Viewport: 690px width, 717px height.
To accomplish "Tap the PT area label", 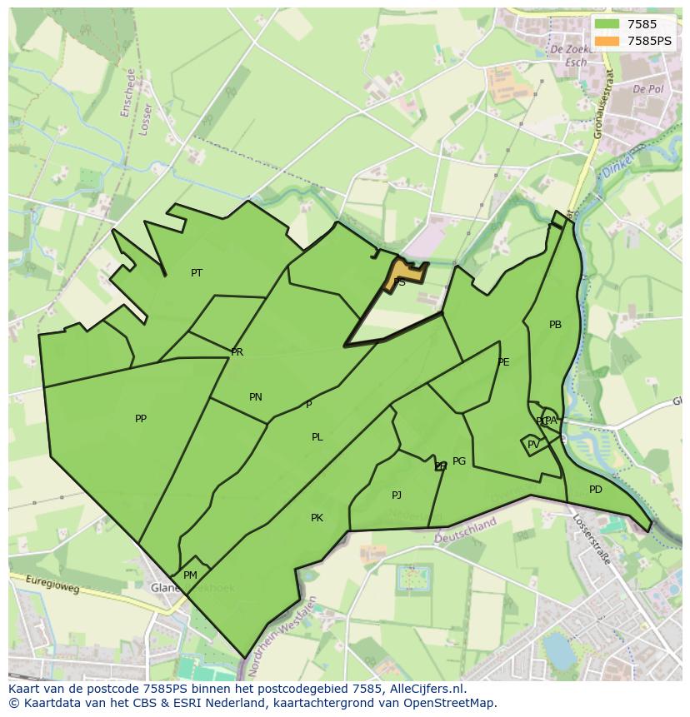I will pos(197,273).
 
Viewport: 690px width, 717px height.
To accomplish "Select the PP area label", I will pos(141,419).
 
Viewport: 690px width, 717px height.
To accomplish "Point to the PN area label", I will pos(256,397).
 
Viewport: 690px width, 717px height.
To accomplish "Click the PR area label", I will pos(237,352).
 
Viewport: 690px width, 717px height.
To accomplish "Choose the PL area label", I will pos(317,437).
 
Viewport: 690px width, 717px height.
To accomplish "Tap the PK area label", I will pos(317,518).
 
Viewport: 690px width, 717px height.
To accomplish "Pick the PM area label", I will pos(190,575).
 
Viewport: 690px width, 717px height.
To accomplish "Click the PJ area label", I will pos(397,495).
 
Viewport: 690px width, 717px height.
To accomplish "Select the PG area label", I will pos(459,461).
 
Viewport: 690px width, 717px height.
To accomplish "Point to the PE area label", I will pos(503,362).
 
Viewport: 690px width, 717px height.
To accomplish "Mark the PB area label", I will pos(555,325).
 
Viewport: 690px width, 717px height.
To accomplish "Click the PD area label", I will pos(595,490).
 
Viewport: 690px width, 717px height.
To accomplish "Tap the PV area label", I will pos(533,445).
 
